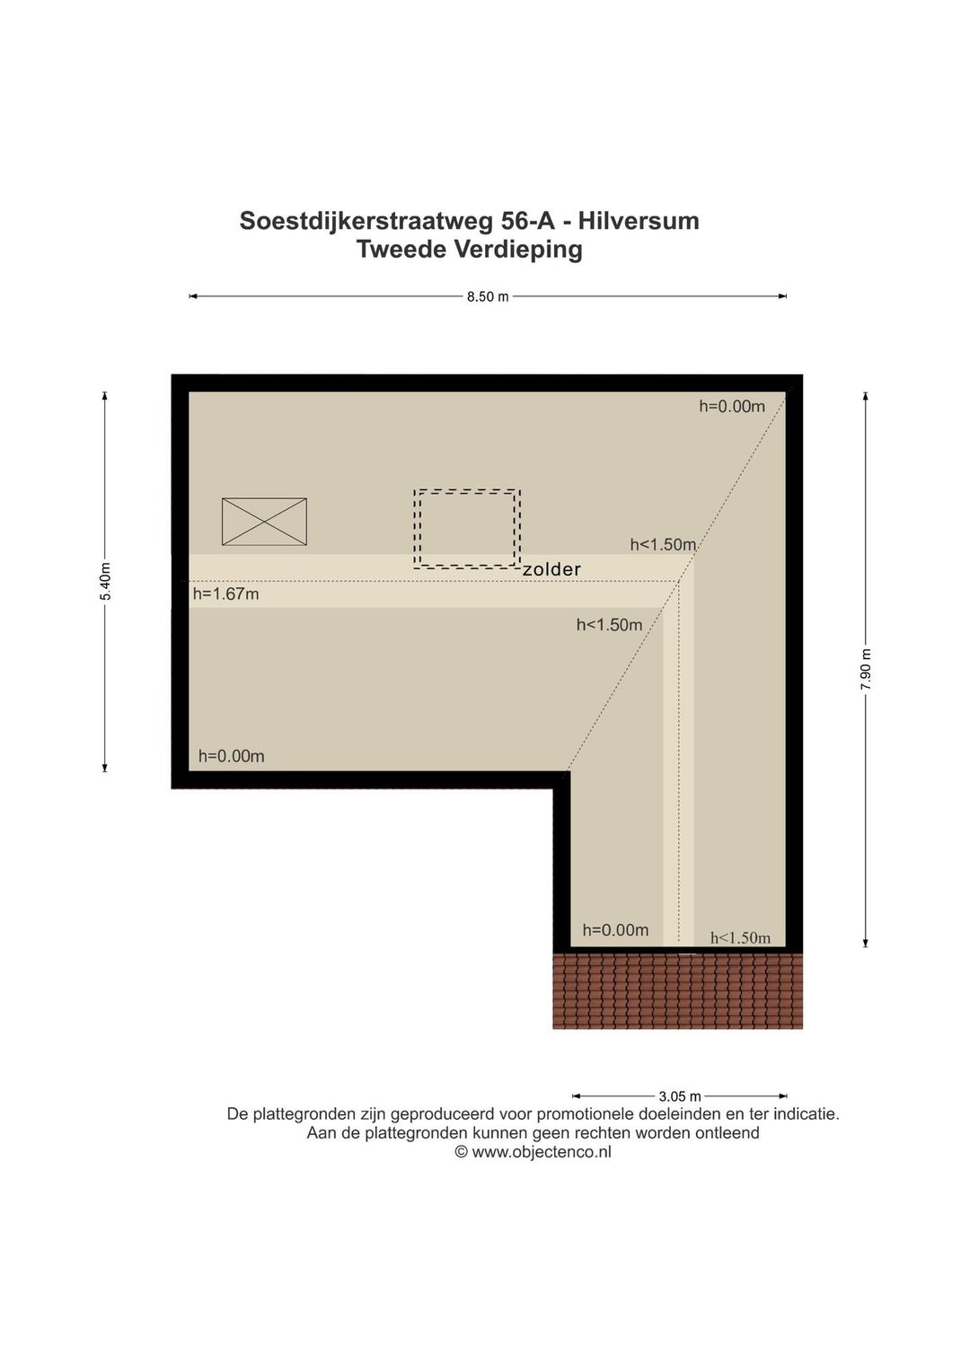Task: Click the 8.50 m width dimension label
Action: coord(488,297)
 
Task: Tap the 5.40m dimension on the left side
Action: coord(105,581)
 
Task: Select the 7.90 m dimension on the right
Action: coord(865,669)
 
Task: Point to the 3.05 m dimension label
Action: coord(680,1096)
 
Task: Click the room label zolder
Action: coord(551,569)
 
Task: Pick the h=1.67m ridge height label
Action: coord(226,594)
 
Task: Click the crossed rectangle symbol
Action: coord(264,522)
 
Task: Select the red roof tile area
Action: coord(678,990)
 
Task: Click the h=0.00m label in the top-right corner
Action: coord(732,406)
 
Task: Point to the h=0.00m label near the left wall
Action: coord(232,756)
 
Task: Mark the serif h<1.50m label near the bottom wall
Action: coord(740,937)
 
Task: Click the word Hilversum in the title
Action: coord(639,221)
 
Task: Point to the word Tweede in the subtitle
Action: coord(402,250)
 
